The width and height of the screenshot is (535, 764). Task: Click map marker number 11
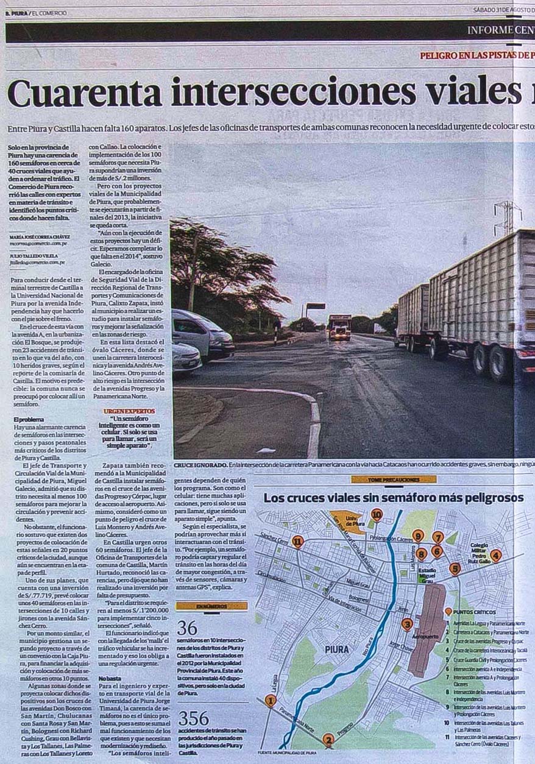click(297, 541)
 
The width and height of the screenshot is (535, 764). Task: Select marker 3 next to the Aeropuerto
click(407, 624)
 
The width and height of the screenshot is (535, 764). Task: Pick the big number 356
click(193, 718)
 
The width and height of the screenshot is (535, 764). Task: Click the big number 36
click(187, 628)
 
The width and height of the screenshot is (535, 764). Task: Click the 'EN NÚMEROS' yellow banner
click(211, 606)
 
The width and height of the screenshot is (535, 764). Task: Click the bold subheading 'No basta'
click(110, 678)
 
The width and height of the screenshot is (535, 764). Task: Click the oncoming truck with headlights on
click(339, 327)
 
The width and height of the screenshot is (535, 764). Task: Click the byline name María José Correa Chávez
click(40, 236)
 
